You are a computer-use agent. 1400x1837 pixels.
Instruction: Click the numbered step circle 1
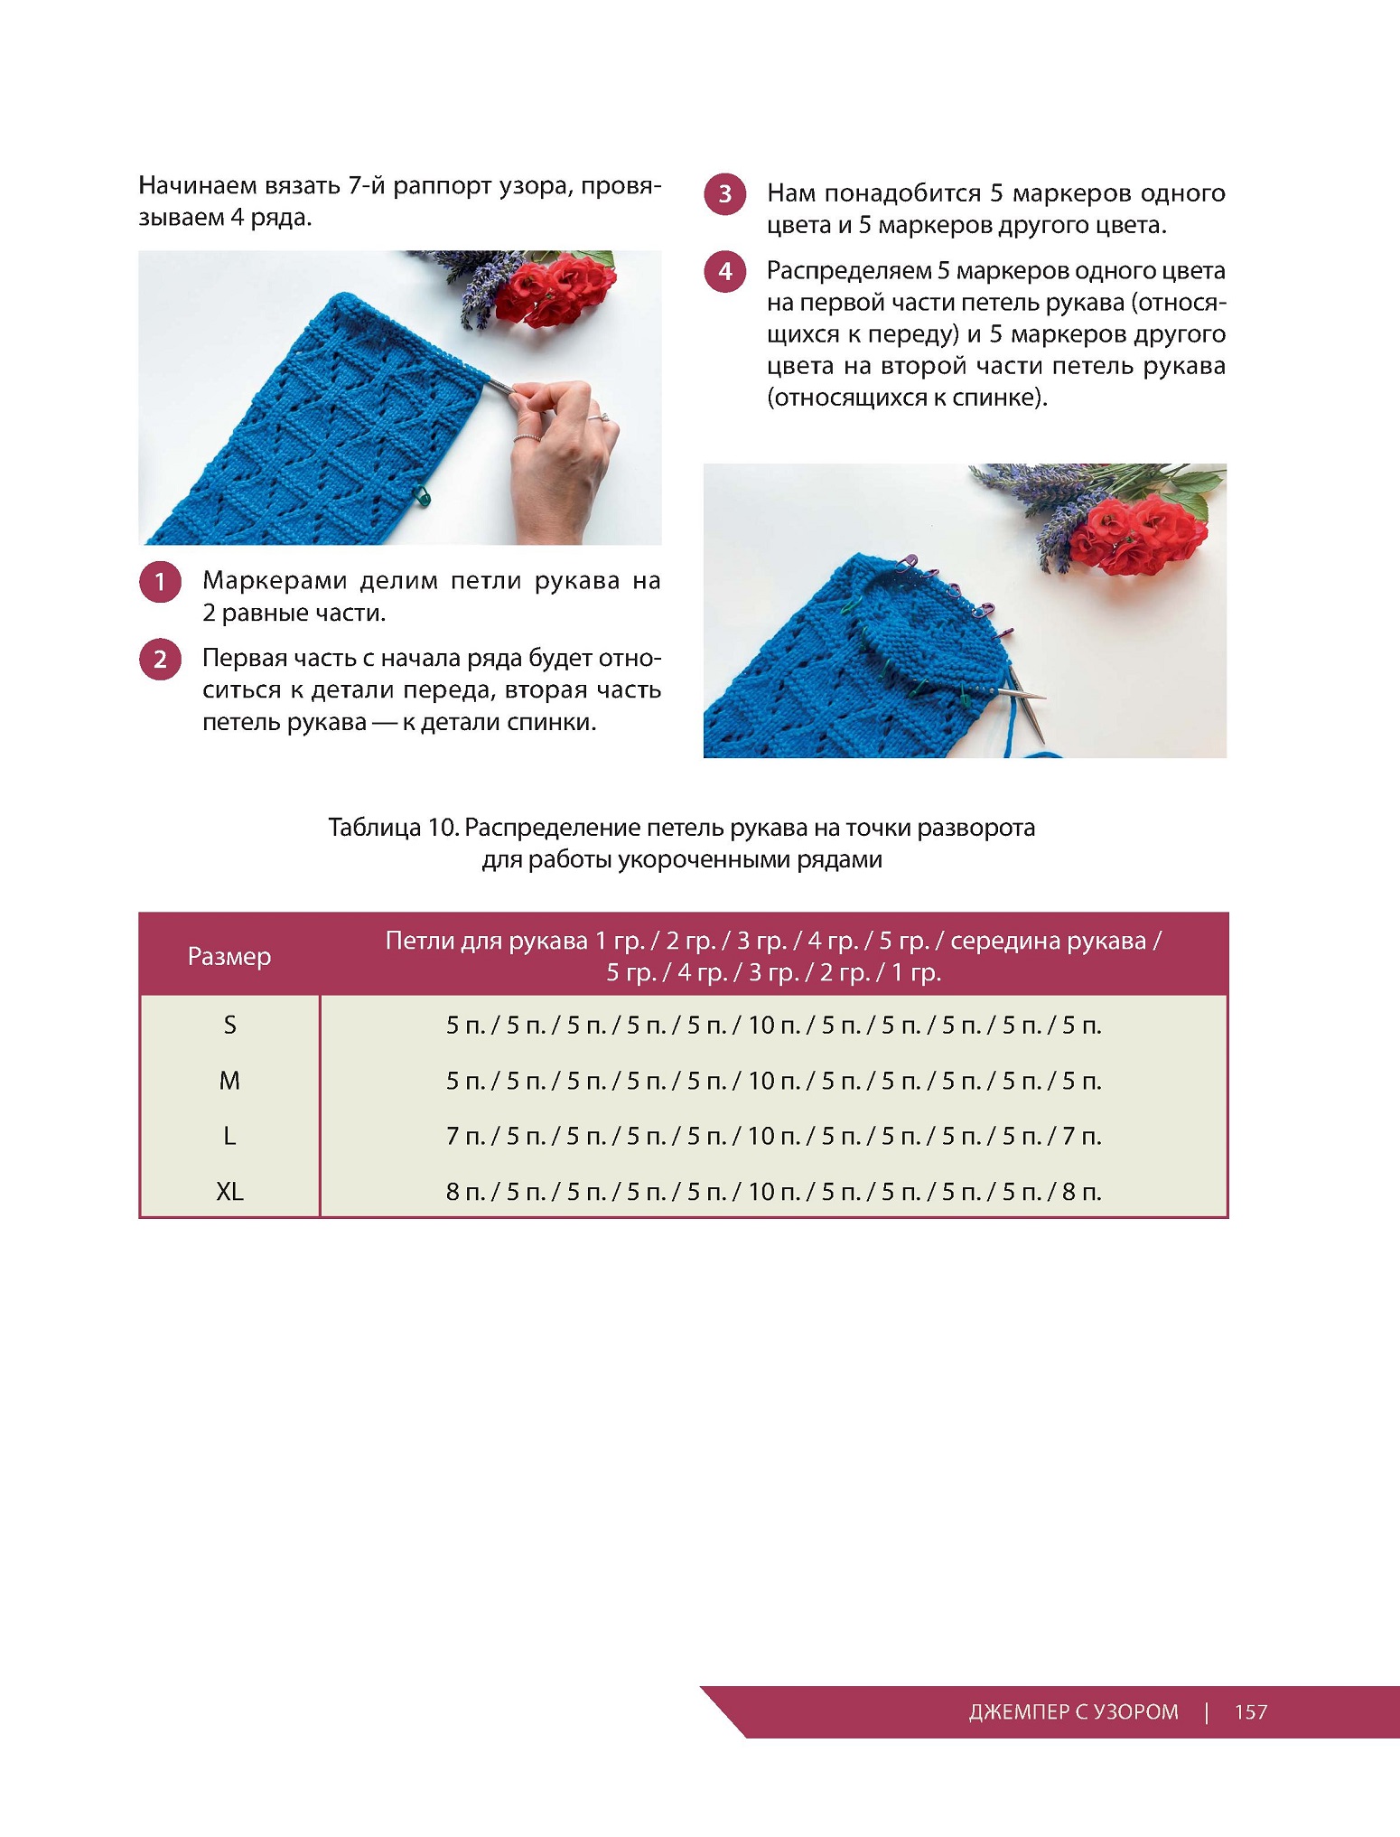coord(161,582)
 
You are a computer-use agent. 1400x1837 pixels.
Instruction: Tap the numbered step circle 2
coord(161,659)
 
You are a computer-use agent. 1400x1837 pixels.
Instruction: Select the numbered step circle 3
coord(725,194)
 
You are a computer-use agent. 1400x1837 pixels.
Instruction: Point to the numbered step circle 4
coord(725,271)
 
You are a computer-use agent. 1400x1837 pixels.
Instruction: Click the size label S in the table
coord(229,1025)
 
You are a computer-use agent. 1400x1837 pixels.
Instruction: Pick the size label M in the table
coord(229,1081)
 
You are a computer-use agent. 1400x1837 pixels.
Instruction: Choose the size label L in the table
coord(229,1136)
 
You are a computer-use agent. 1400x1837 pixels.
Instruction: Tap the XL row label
coord(229,1192)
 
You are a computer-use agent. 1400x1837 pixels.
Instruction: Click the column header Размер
coord(229,956)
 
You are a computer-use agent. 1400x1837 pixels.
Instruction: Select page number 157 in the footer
coord(1251,1711)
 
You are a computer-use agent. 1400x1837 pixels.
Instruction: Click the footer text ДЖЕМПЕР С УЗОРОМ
coord(1073,1711)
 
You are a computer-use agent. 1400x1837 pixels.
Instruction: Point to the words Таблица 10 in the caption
coord(392,828)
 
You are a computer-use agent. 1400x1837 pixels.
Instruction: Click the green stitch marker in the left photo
coord(421,494)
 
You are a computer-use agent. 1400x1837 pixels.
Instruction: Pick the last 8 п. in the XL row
coord(1081,1192)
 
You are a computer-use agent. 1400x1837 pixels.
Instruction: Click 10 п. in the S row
coord(773,1025)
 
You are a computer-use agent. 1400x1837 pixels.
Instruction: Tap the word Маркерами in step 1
coord(275,580)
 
